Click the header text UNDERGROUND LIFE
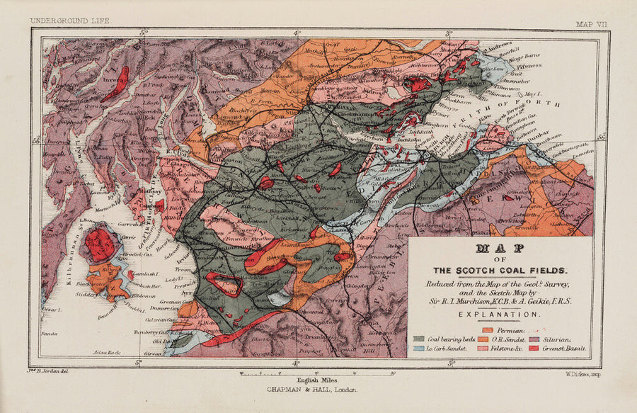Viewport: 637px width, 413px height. [x=69, y=22]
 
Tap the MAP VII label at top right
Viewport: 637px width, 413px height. [x=591, y=23]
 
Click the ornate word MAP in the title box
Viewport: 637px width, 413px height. [x=500, y=249]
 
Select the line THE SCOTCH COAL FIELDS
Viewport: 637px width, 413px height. [x=500, y=270]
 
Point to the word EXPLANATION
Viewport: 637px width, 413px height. [x=500, y=313]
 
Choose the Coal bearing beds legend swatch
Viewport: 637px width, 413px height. [x=419, y=339]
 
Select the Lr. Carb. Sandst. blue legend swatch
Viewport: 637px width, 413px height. [x=419, y=349]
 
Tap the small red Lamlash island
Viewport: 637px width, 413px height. [x=132, y=275]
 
